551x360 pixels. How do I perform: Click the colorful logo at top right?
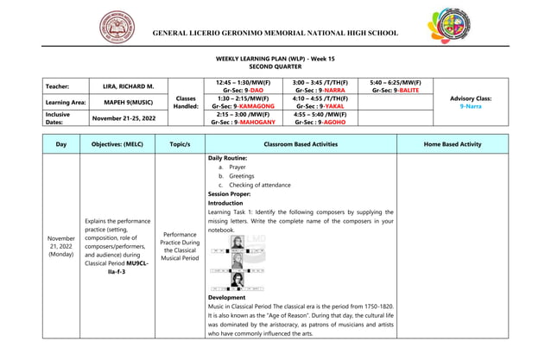[x=445, y=31]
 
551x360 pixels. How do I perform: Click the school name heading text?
[x=275, y=33]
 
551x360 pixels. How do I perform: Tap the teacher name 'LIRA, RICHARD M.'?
[x=128, y=86]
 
